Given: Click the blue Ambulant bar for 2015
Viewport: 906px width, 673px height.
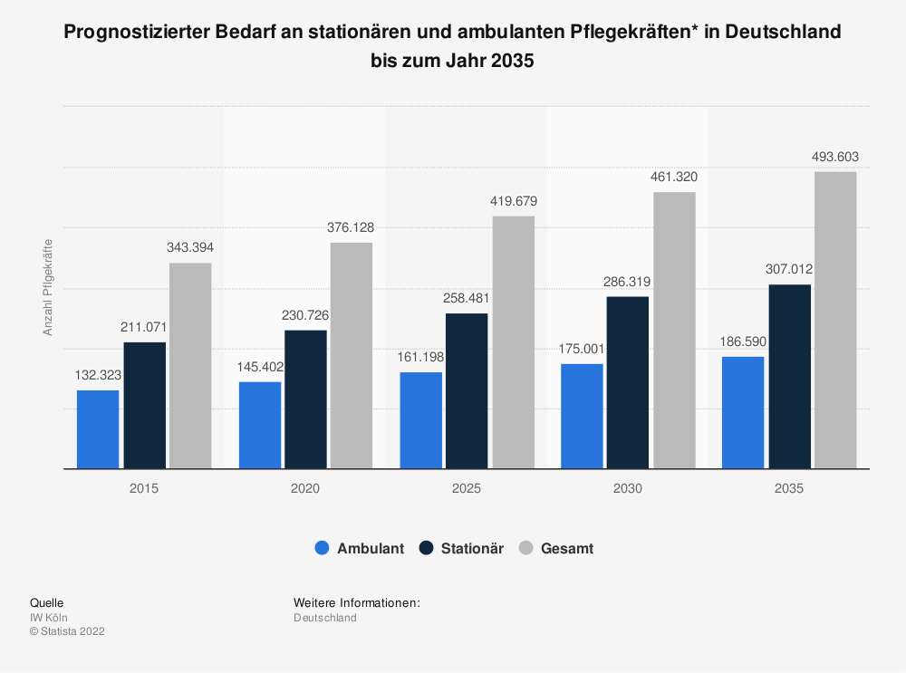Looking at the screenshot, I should point(98,429).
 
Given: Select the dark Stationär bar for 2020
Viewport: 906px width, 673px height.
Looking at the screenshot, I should point(305,399).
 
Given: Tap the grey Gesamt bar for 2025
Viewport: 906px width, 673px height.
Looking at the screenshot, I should point(514,342).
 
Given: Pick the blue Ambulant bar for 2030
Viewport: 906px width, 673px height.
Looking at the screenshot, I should point(582,417).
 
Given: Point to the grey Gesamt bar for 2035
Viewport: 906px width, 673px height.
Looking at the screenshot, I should point(835,320).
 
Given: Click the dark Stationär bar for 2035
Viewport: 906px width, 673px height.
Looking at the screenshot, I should point(790,377).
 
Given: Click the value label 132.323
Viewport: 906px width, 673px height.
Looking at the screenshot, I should point(98,375).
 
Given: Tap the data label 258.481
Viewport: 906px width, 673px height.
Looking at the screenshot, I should point(467,298).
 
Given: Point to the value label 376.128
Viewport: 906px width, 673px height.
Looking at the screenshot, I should point(351,227).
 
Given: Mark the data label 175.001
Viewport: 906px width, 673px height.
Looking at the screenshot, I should point(582,349).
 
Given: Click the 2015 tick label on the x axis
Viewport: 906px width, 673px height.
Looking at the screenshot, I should point(144,488).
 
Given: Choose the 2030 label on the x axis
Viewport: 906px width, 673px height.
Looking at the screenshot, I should point(627,488).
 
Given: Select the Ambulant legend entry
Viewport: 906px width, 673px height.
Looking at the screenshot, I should point(360,548).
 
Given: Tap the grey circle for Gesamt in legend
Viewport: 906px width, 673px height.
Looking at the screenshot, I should point(526,548).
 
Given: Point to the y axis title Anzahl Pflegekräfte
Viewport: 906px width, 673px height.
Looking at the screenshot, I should point(48,286).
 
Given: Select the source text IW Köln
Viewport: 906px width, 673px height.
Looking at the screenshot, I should point(49,618).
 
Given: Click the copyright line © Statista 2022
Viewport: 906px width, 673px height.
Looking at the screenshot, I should point(67,631).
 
